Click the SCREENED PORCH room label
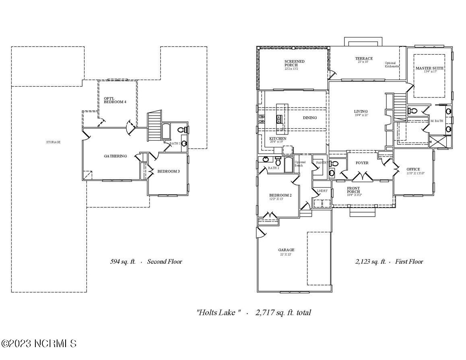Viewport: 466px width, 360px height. point(294,64)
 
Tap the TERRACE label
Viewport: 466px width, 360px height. point(363,59)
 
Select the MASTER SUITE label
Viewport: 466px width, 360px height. point(429,69)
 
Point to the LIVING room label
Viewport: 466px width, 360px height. point(361,112)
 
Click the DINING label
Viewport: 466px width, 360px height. point(309,118)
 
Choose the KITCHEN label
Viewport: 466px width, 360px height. point(278,139)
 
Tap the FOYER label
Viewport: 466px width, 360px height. point(362,163)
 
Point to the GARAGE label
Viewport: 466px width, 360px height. point(286,250)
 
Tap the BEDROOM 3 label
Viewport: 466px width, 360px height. point(168,172)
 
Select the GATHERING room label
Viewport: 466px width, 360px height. point(115,156)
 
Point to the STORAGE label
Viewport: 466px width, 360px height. point(53,142)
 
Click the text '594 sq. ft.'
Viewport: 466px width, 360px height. point(123,262)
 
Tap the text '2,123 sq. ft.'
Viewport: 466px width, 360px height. point(370,262)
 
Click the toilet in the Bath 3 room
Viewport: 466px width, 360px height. point(182,130)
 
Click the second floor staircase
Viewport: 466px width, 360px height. point(155,125)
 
